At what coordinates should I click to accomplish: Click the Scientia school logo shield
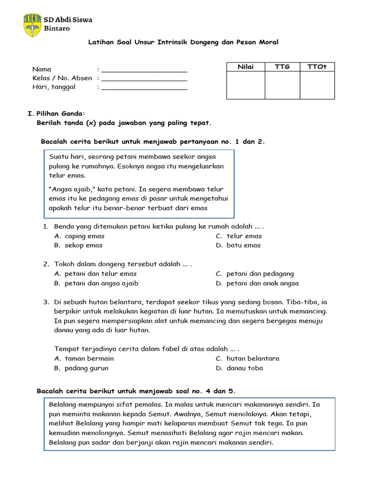point(32,25)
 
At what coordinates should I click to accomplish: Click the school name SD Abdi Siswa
point(68,20)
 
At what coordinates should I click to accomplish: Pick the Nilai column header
point(246,67)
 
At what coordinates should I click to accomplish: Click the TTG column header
point(282,67)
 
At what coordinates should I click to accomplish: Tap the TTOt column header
point(317,67)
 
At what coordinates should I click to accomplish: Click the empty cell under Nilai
point(246,85)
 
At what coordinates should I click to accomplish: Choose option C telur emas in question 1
point(244,236)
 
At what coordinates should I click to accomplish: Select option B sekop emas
point(83,245)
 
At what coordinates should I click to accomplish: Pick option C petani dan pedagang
point(260,274)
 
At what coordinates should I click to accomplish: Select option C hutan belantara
point(253,359)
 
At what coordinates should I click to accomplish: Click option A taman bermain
point(89,359)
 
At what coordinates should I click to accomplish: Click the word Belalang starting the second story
point(64,404)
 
